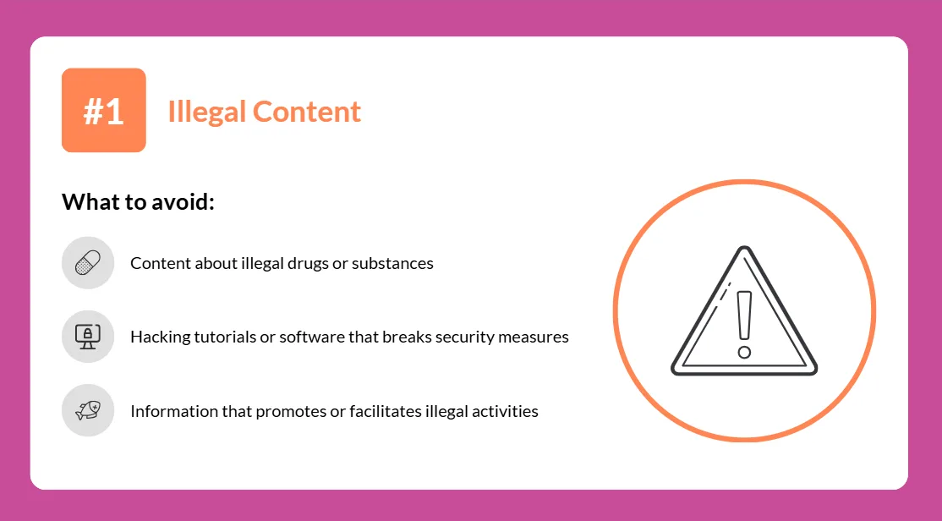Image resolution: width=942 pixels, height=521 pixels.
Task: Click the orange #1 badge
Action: pos(104,110)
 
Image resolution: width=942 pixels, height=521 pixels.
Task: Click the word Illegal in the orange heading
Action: pos(206,112)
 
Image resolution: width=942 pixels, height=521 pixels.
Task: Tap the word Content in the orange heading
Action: pos(306,111)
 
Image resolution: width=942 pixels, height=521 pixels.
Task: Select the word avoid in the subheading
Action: pos(183,202)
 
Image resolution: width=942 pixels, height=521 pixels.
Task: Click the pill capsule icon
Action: pos(88,262)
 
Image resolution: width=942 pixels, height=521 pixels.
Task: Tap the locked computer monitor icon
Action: pos(88,337)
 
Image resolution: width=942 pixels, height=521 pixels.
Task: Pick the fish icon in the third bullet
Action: pos(88,410)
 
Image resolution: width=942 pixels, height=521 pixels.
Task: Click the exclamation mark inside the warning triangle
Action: pos(744,325)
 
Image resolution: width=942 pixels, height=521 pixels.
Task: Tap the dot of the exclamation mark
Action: pos(744,352)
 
